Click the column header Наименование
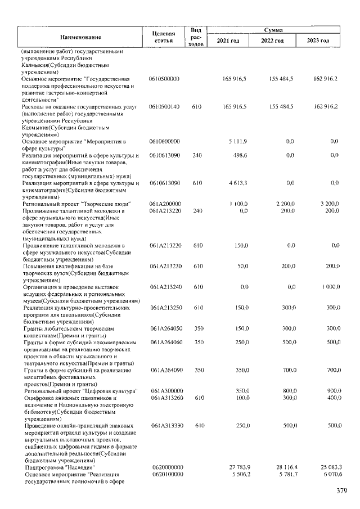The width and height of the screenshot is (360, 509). tap(81, 37)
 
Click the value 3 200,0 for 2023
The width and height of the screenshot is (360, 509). tap(328, 204)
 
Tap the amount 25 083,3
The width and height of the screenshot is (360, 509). tap(326, 467)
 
